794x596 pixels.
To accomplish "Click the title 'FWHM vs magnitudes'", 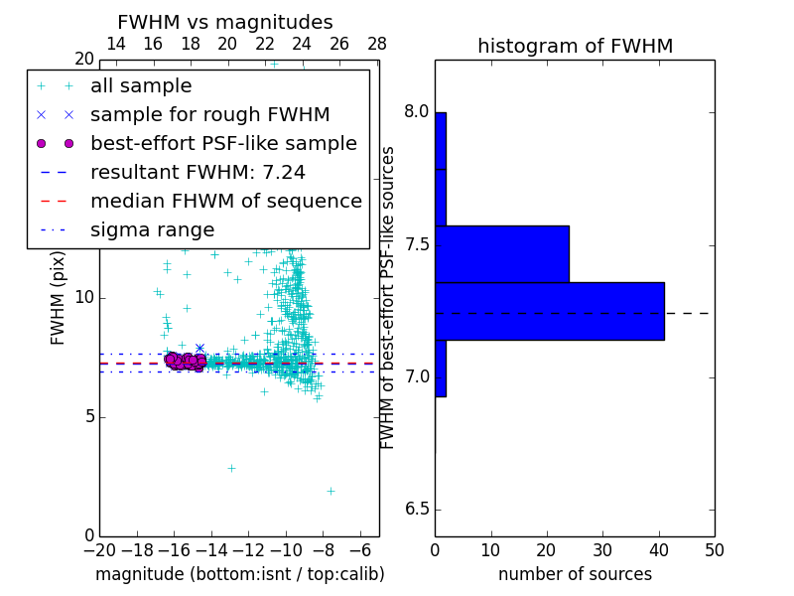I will coord(225,22).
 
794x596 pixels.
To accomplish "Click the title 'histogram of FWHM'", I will coord(575,46).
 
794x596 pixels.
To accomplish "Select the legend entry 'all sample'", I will coord(141,86).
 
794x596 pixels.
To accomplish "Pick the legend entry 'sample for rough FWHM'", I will coord(209,114).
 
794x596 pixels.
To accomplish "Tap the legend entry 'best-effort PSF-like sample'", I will coord(223,143).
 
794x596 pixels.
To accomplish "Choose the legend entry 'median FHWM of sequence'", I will coord(225,201).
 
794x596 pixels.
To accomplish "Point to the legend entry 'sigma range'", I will coord(152,229).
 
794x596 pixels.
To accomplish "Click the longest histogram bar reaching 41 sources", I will coord(549,311).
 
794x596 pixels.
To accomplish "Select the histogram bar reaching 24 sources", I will coord(501,253).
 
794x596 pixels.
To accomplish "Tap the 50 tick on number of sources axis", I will coord(714,550).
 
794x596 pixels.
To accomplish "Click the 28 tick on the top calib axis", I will coord(377,44).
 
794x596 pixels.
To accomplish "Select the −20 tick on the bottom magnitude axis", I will coord(99,550).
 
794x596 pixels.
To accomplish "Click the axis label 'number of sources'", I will coord(575,574).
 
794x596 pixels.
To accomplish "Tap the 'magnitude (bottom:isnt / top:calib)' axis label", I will coord(239,574).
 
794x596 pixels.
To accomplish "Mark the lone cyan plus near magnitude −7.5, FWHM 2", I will coord(331,490).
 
